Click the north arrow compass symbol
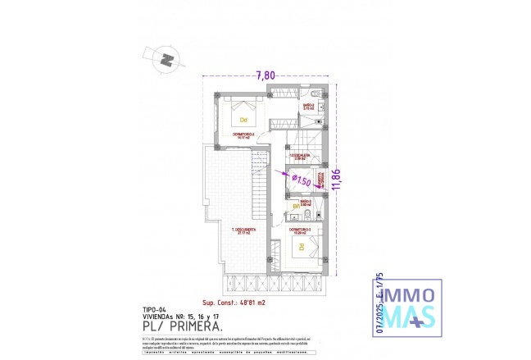click(x=168, y=59)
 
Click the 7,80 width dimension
click(x=265, y=76)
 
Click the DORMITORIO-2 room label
click(x=243, y=135)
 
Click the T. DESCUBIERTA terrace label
click(x=243, y=230)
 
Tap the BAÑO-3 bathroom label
click(x=303, y=202)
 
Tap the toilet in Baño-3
click(x=305, y=215)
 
